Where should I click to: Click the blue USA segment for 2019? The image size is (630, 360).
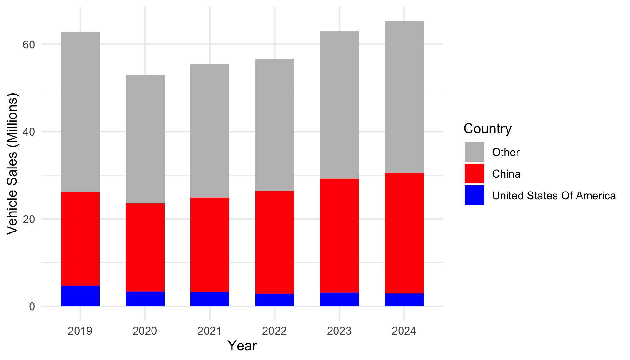[x=80, y=296]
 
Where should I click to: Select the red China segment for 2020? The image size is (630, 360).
[x=145, y=247]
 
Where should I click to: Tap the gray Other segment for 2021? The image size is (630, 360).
[x=210, y=131]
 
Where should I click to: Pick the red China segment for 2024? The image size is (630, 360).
[x=404, y=233]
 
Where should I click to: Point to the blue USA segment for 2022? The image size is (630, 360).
[x=275, y=300]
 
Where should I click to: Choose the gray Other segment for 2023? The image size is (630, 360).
[x=339, y=105]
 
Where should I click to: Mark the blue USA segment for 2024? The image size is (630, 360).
[x=404, y=300]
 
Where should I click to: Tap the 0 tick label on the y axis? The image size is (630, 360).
[x=32, y=307]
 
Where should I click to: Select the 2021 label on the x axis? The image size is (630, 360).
[x=210, y=331]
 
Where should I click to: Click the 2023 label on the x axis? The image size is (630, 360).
[x=339, y=331]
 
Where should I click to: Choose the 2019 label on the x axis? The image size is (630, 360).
[x=80, y=331]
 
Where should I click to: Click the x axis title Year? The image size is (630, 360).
[x=242, y=346]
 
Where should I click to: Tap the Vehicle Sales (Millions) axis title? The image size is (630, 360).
[x=13, y=164]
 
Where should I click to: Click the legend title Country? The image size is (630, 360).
[x=487, y=128]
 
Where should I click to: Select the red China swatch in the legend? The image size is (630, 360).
[x=474, y=174]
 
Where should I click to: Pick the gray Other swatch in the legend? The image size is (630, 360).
[x=474, y=152]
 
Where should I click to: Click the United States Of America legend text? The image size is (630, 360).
[x=554, y=196]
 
